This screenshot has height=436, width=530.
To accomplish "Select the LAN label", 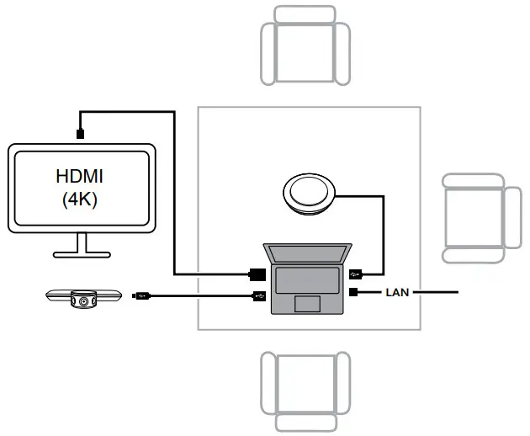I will coord(397,293).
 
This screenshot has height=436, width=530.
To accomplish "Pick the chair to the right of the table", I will coord(480,217).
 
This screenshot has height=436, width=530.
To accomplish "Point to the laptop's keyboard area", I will coord(308,278).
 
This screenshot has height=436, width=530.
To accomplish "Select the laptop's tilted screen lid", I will coord(308,253).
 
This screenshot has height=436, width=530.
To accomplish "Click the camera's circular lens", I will coord(82,299).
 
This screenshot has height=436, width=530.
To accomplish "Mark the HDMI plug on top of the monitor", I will coord(80,133).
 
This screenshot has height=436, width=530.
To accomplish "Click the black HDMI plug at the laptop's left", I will coord(258,274).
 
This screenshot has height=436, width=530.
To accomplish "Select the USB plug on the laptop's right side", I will coord(357,273).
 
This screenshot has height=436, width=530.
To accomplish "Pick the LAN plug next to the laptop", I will coord(355,293).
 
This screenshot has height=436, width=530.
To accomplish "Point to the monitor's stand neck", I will coord(82,242).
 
